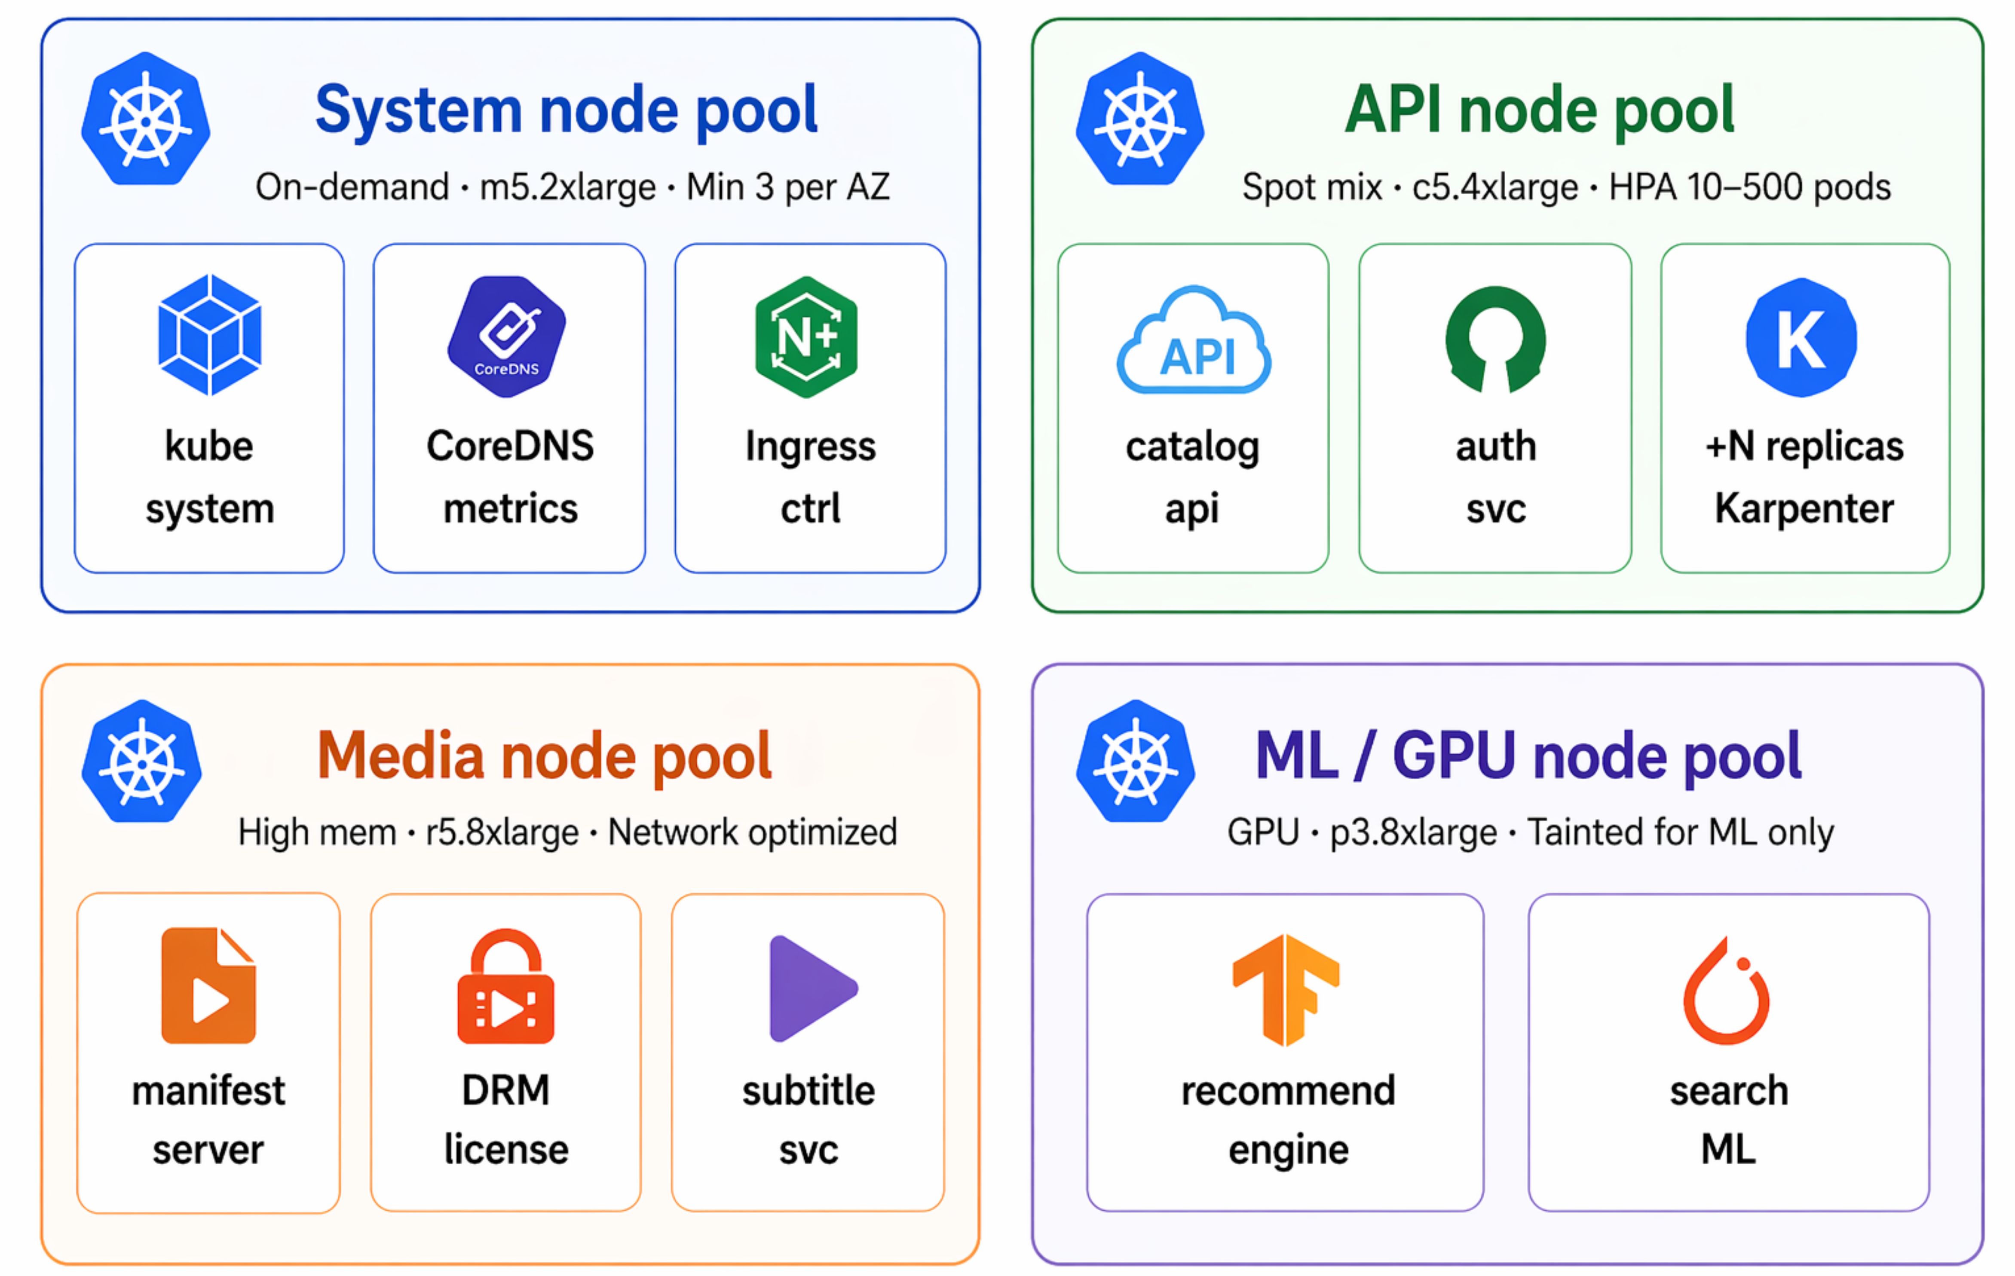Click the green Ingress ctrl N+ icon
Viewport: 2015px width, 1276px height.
(806, 337)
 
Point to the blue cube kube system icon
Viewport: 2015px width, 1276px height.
(209, 335)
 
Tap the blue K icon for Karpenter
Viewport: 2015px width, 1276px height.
(1801, 337)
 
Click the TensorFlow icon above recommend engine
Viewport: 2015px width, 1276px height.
(1286, 989)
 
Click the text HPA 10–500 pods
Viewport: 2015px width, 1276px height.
(1749, 187)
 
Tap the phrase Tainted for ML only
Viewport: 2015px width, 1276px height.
(1680, 832)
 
